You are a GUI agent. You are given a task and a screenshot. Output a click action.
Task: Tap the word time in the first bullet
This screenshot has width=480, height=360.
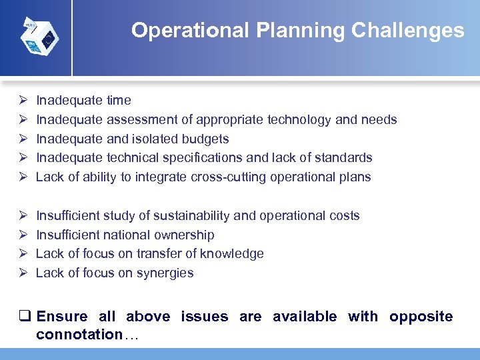(x=119, y=101)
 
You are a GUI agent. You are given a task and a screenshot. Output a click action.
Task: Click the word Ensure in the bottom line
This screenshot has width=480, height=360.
(x=62, y=317)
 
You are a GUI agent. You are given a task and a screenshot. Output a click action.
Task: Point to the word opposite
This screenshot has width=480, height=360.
(x=421, y=317)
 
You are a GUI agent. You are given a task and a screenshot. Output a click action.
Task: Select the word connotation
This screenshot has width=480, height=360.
(x=79, y=335)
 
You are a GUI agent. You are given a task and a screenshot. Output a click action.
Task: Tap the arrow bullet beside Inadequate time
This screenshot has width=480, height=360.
(x=22, y=101)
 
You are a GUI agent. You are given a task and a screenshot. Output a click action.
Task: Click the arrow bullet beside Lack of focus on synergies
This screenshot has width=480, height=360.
(x=22, y=273)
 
